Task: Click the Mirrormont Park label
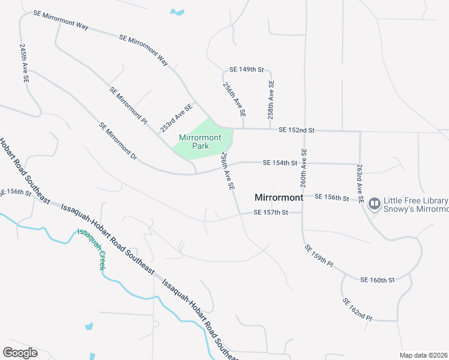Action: pos(200,142)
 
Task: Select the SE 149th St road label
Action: pos(247,70)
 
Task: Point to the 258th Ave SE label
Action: pos(271,99)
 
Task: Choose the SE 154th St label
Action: pos(280,163)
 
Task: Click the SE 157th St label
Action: pos(271,212)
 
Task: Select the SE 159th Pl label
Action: pos(318,254)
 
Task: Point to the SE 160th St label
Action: pos(378,280)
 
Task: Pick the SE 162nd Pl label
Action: pos(357,310)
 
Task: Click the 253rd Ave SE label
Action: pos(176,118)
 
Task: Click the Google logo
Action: pos(20,353)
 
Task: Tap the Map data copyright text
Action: pos(423,355)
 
